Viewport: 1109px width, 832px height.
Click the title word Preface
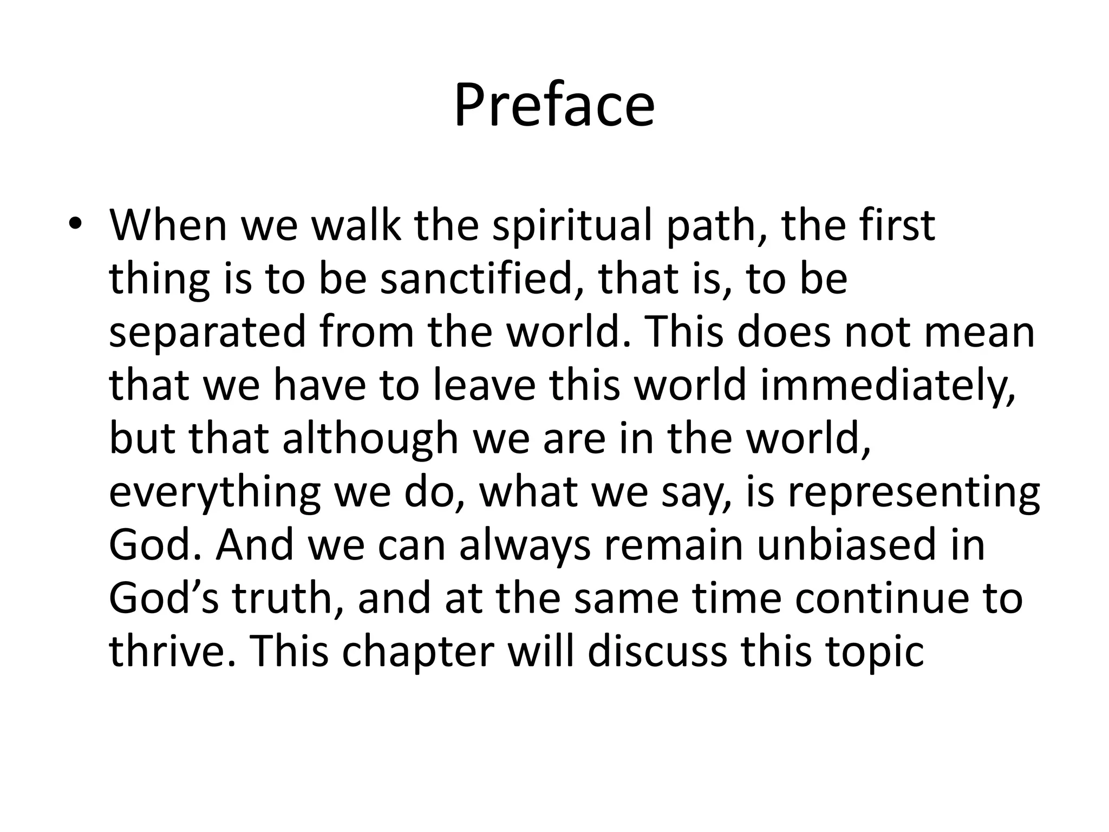click(x=554, y=106)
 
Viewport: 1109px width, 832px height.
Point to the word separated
click(x=207, y=333)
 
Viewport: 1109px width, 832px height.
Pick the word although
click(x=370, y=439)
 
